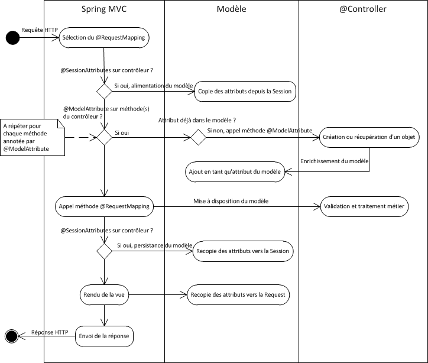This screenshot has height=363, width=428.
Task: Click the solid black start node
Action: coord(12,38)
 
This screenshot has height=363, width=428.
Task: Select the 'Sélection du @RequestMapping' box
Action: coord(104,38)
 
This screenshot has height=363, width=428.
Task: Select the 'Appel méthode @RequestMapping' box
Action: coord(104,207)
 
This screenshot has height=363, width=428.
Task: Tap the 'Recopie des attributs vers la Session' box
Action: coord(243,251)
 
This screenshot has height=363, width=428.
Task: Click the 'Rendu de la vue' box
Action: coord(104,294)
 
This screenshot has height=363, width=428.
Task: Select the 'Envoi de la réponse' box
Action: coord(104,336)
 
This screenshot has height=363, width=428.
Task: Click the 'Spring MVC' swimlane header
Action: coord(104,9)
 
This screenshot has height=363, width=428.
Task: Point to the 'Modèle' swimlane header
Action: coord(231,9)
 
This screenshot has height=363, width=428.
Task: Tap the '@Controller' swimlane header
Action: coord(363,9)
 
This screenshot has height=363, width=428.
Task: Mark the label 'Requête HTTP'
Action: coord(36,30)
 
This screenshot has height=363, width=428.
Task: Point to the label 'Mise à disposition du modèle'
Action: coord(231,201)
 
